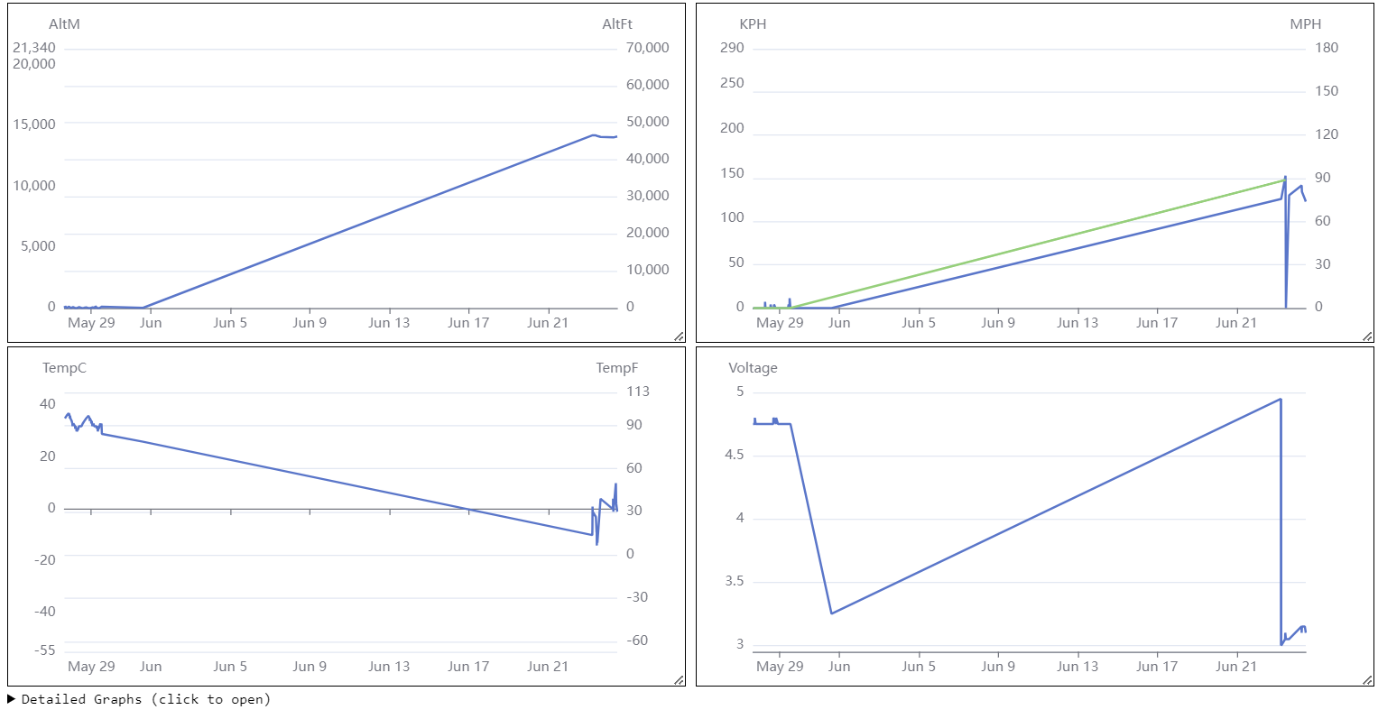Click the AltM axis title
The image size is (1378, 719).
coord(64,24)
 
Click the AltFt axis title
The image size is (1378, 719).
coord(617,24)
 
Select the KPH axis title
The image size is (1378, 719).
coord(753,24)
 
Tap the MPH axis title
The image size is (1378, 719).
coord(1305,24)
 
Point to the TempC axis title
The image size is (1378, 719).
coord(64,368)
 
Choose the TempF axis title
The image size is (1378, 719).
coord(617,368)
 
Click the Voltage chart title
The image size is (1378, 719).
coord(753,368)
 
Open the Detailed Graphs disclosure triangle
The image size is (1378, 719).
coord(12,699)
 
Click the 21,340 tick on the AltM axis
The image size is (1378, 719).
coord(34,48)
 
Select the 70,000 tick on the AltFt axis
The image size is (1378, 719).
coord(648,48)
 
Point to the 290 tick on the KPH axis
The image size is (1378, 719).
coord(732,48)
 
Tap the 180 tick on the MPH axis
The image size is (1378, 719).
coord(1327,48)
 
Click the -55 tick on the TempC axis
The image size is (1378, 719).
coord(42,650)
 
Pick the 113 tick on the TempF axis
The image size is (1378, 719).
coord(638,392)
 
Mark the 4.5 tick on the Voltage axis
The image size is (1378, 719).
coord(735,455)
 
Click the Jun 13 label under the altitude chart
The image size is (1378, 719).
coord(389,323)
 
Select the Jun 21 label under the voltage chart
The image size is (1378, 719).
coord(1235,667)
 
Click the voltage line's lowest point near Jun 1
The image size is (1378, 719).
coord(831,613)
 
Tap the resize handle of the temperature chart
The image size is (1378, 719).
coord(679,680)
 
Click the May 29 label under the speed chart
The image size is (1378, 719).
coord(780,323)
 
